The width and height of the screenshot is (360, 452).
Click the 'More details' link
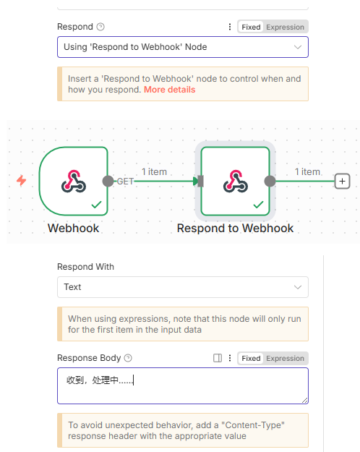click(169, 90)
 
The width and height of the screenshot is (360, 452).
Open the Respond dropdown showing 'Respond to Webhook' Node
click(183, 47)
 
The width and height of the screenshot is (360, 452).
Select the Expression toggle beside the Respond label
click(285, 27)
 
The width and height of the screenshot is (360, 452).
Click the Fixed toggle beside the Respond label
click(251, 27)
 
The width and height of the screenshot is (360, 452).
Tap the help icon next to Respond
click(100, 27)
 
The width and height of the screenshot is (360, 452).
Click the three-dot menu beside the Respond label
click(230, 27)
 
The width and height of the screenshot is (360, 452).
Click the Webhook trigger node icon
click(74, 181)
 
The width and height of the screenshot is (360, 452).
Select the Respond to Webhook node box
click(235, 181)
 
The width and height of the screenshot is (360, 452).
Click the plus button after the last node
click(342, 181)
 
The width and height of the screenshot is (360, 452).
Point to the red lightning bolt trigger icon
click(22, 181)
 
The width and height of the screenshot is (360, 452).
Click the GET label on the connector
click(125, 182)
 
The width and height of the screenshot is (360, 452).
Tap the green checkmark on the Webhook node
click(96, 205)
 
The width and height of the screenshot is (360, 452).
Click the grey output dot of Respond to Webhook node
click(270, 181)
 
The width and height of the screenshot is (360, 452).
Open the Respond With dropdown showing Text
click(183, 287)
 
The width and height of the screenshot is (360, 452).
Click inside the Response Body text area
click(183, 385)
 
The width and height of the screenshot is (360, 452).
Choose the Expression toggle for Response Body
click(285, 358)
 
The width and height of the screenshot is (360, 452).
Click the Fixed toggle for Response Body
click(251, 358)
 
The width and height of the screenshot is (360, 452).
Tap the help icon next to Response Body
click(128, 358)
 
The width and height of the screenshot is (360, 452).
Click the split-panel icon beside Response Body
click(218, 358)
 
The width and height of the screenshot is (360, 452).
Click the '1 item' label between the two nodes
click(154, 172)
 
